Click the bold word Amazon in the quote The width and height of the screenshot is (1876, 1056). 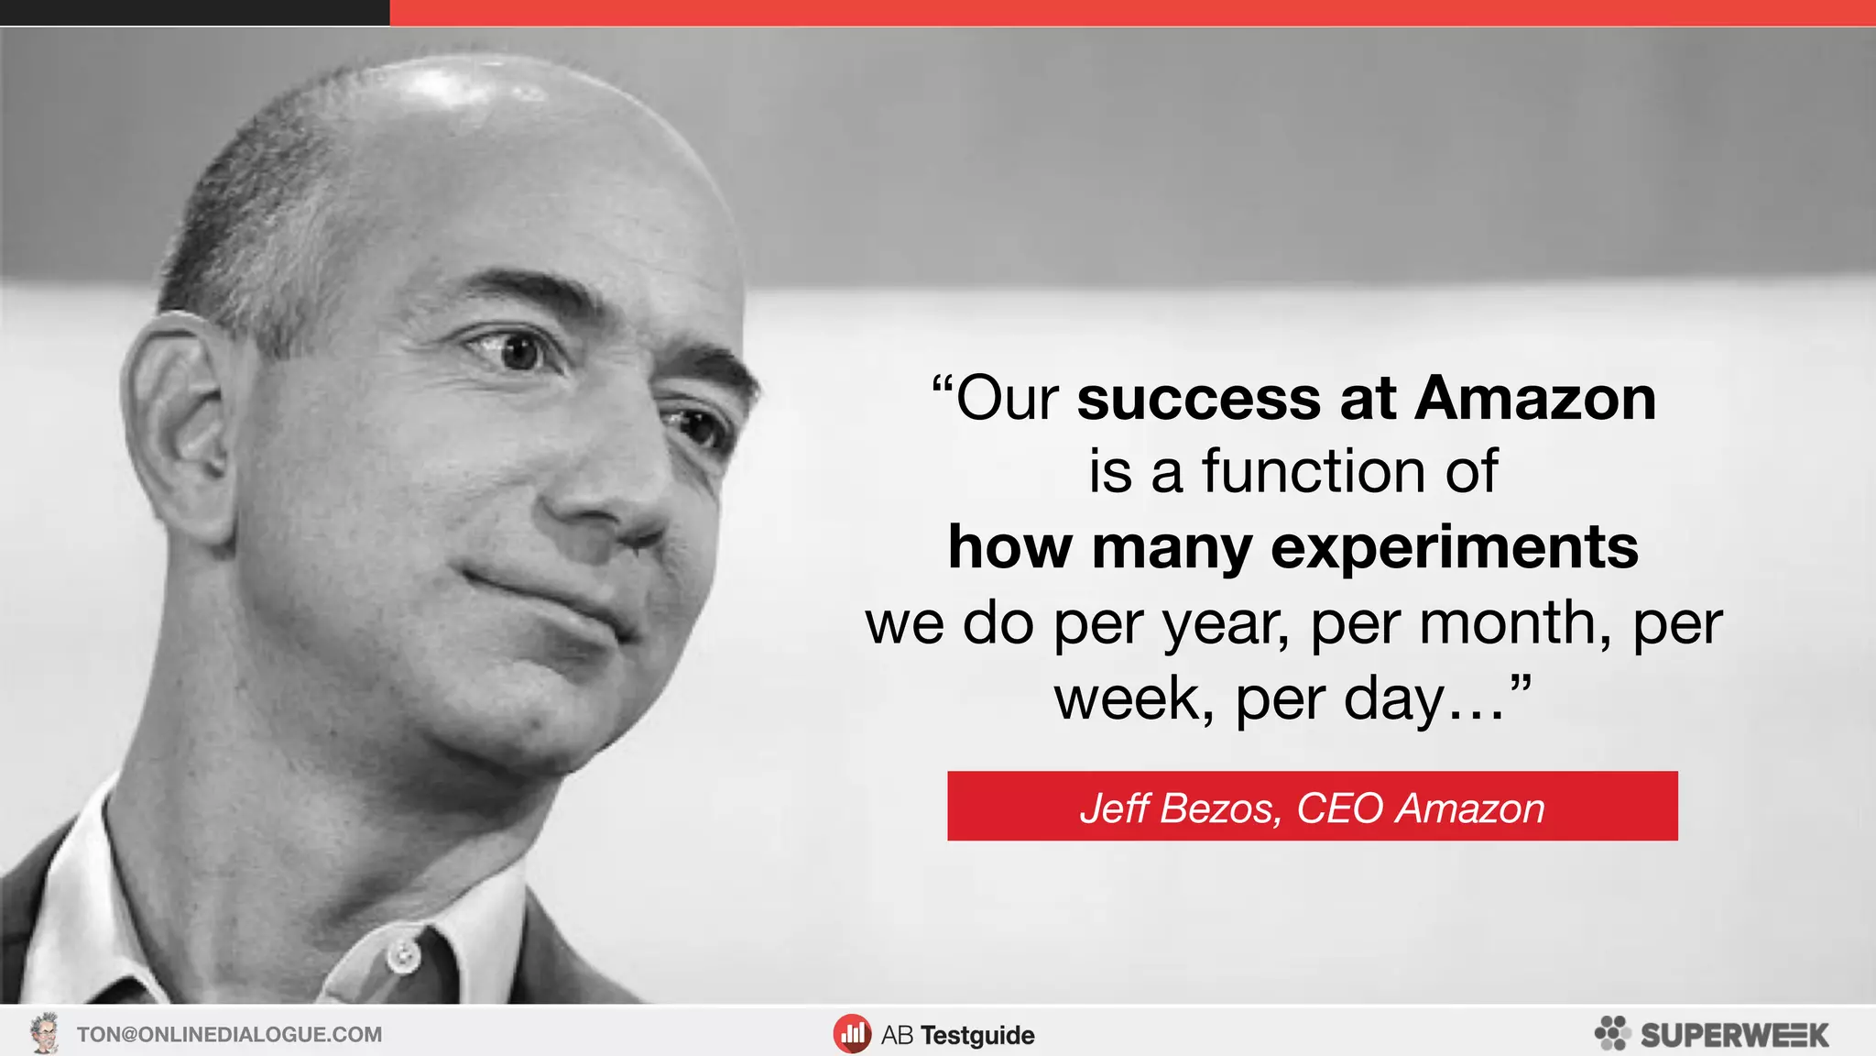tap(1535, 400)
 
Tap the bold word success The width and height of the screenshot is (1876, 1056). tap(1200, 400)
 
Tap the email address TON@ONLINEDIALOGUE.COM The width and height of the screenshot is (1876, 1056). tap(229, 1034)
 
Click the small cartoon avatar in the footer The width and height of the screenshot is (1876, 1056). tap(44, 1033)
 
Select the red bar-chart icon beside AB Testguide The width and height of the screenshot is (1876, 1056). tap(852, 1034)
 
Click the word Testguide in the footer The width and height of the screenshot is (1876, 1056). tap(977, 1035)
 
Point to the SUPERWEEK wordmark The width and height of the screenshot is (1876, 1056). tap(1734, 1035)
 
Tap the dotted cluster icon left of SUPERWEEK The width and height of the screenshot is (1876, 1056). tap(1612, 1033)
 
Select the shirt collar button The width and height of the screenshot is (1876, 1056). tap(401, 957)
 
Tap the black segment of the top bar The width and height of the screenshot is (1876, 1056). tap(194, 13)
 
